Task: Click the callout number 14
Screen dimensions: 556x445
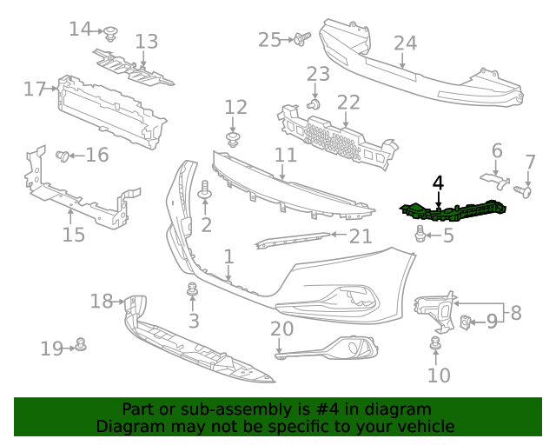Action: (x=80, y=29)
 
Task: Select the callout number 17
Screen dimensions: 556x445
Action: (x=35, y=89)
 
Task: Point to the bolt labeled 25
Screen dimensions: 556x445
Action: (x=302, y=38)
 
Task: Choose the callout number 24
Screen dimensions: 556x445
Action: (x=405, y=43)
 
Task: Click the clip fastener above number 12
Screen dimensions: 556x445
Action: (x=233, y=139)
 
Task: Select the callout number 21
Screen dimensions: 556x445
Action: (x=361, y=235)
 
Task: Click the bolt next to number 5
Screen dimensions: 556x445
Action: (x=420, y=233)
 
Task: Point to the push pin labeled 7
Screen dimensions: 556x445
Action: (x=524, y=189)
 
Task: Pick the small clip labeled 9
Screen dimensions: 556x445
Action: (x=466, y=322)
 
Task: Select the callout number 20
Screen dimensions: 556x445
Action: (x=281, y=329)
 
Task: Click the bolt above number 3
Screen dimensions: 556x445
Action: (x=192, y=290)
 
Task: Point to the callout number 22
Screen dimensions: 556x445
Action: (x=348, y=103)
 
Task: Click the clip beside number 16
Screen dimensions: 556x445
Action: (x=63, y=156)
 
